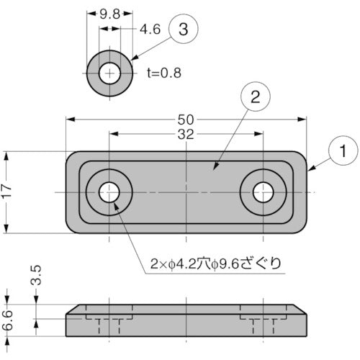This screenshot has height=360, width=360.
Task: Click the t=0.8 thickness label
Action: (x=163, y=72)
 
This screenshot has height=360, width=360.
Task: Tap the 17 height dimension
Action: (x=8, y=192)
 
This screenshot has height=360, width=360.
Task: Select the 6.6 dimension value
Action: (x=8, y=319)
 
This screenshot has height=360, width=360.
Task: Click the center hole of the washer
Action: (x=109, y=73)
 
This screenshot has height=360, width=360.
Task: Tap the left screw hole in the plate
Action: (x=109, y=192)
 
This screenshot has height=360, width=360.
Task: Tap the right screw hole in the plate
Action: (x=263, y=192)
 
